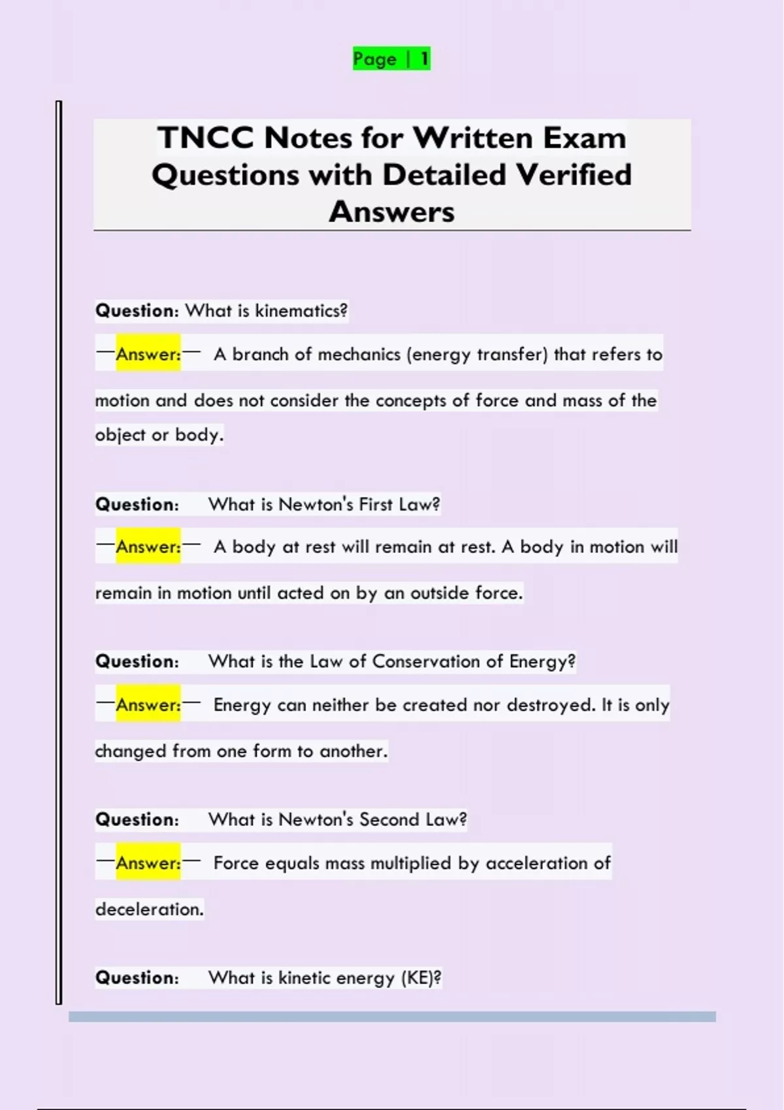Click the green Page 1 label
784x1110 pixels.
[391, 59]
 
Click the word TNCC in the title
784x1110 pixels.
[205, 138]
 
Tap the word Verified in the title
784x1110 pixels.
[574, 175]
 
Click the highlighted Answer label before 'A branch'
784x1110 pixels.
[148, 354]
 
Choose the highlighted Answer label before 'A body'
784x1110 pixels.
[148, 547]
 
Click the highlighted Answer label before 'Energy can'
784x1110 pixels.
[148, 705]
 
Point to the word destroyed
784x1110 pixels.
[551, 705]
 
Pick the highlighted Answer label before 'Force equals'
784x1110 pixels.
[148, 863]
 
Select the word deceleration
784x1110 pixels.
[150, 909]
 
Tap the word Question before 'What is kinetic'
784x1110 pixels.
[137, 977]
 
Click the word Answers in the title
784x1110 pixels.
[391, 212]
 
